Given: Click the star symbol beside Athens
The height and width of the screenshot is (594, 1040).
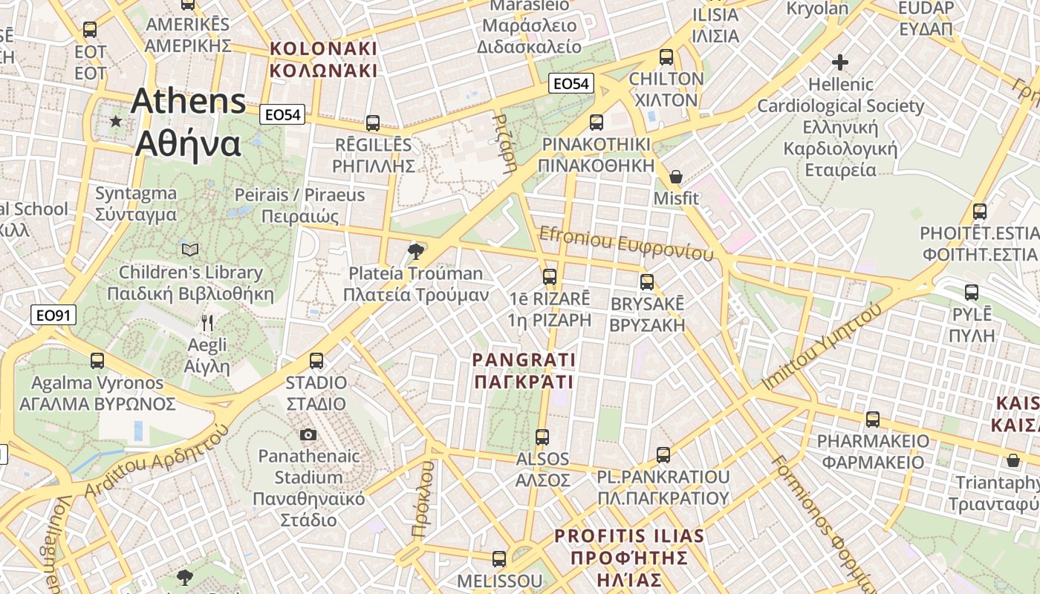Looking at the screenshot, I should click(x=116, y=120).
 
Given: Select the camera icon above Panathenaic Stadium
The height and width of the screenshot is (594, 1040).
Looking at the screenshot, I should click(x=308, y=434).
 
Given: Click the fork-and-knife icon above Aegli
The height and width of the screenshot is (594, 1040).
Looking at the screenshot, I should click(x=207, y=323).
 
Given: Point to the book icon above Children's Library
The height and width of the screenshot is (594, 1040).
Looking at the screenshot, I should click(x=190, y=249).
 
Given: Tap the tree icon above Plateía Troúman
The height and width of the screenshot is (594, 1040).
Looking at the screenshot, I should click(x=416, y=251).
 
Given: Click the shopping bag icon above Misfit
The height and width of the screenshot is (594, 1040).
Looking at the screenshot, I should click(x=676, y=177).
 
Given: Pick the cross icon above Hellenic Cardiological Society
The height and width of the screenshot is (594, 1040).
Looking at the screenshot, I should click(x=840, y=62).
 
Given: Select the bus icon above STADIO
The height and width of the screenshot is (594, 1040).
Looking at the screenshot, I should click(x=316, y=361).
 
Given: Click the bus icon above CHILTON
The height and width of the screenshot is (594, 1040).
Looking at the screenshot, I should click(x=666, y=57).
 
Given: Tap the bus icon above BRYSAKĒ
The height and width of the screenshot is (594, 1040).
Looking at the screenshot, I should click(x=647, y=282).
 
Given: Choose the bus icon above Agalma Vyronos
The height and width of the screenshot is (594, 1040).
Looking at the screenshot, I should click(x=97, y=361).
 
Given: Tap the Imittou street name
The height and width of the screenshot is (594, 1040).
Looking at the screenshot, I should click(x=823, y=347).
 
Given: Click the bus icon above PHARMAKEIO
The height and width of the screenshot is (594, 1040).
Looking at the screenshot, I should click(x=873, y=420).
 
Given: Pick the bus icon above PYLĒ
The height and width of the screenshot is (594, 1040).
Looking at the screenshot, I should click(x=972, y=293).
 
